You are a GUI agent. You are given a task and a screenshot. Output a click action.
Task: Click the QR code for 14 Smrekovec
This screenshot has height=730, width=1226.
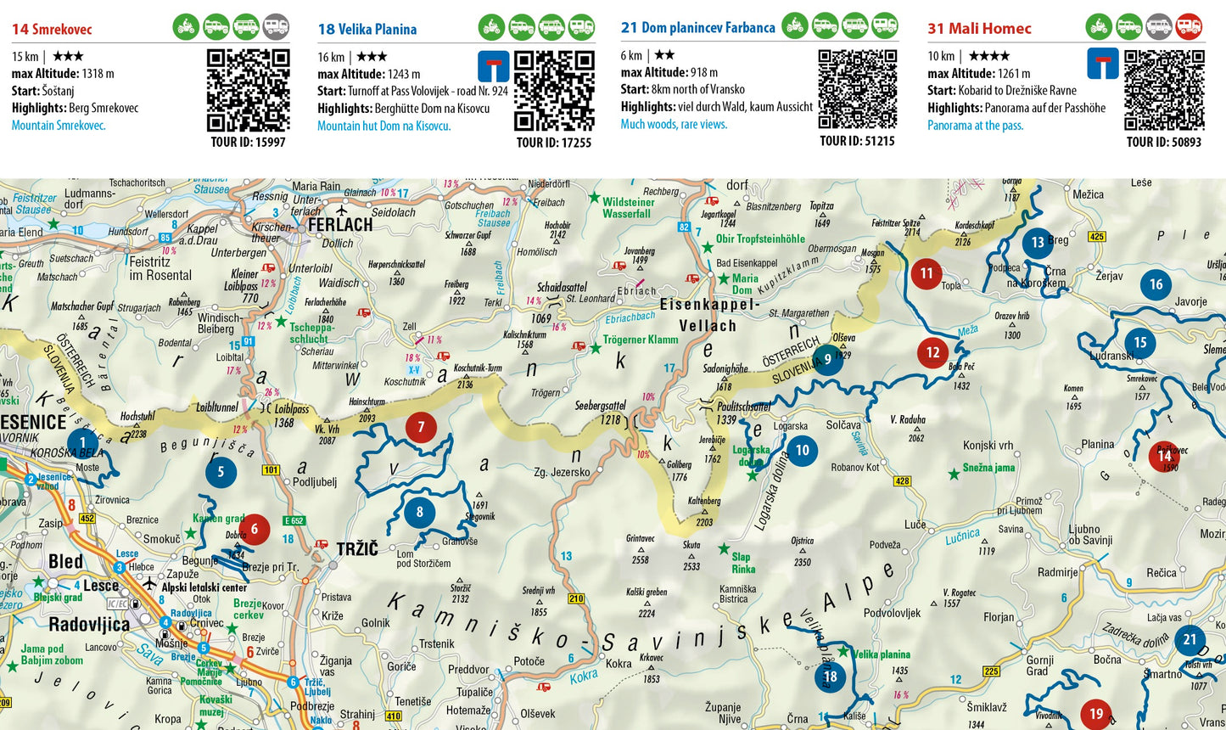pyautogui.click(x=248, y=90)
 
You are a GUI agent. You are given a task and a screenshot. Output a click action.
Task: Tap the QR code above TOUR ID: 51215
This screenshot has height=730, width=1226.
pyautogui.click(x=857, y=89)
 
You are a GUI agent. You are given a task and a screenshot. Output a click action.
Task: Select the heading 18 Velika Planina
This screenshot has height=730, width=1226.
pyautogui.click(x=367, y=29)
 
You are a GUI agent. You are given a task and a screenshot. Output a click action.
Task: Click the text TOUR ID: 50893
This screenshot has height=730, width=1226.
pyautogui.click(x=1163, y=142)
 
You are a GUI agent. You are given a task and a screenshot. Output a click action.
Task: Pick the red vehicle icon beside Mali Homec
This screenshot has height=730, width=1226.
pyautogui.click(x=1189, y=26)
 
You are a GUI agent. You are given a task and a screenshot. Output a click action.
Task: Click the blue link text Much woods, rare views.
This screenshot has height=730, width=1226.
pyautogui.click(x=674, y=124)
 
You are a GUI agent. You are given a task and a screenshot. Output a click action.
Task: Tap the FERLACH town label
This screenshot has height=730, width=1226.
pyautogui.click(x=340, y=225)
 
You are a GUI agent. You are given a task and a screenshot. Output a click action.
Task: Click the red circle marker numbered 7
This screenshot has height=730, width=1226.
pyautogui.click(x=421, y=427)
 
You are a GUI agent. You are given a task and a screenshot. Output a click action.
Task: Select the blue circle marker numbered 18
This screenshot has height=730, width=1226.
pyautogui.click(x=830, y=677)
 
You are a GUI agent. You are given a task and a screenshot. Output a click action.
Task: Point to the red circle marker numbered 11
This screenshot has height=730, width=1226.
pyautogui.click(x=926, y=273)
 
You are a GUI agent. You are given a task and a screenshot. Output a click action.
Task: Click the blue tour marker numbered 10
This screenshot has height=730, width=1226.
pyautogui.click(x=802, y=451)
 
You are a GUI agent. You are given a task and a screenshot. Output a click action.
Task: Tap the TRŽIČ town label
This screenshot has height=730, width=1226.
pyautogui.click(x=357, y=549)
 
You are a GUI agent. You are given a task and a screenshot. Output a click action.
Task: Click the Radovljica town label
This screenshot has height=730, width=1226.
pyautogui.click(x=89, y=626)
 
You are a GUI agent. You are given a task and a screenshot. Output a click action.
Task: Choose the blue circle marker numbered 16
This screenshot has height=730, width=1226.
pyautogui.click(x=1156, y=285)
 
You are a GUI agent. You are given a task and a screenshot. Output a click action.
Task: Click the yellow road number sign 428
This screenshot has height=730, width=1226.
pyautogui.click(x=902, y=481)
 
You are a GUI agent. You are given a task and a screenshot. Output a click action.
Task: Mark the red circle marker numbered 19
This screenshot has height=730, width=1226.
pyautogui.click(x=1096, y=714)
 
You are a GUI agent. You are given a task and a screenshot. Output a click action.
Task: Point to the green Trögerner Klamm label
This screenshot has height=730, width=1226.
pyautogui.click(x=641, y=340)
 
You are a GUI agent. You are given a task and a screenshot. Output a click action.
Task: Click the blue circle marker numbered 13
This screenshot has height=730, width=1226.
pyautogui.click(x=1037, y=243)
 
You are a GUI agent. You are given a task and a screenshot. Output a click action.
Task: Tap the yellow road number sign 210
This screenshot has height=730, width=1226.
pyautogui.click(x=576, y=598)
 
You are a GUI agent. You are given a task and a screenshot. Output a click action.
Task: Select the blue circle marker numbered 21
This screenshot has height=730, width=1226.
pyautogui.click(x=1190, y=640)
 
